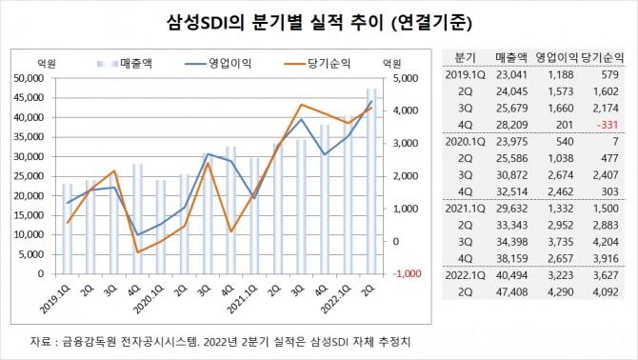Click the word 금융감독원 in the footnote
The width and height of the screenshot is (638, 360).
coord(91,340)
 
